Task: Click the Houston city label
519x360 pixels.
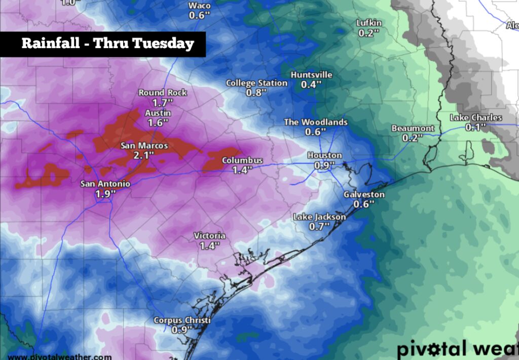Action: tap(324, 156)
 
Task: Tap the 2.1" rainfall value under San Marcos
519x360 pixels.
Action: tap(144, 155)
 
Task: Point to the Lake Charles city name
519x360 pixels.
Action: tap(476, 118)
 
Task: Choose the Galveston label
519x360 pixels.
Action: tap(364, 195)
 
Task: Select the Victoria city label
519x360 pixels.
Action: tap(209, 236)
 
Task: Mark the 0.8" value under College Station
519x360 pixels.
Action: tap(256, 93)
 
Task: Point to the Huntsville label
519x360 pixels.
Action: tap(311, 75)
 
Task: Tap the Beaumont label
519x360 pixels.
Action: tap(413, 128)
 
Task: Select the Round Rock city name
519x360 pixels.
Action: tap(163, 92)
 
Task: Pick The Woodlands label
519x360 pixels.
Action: tap(315, 122)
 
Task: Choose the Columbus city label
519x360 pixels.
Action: tap(242, 161)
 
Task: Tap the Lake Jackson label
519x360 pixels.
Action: tap(319, 217)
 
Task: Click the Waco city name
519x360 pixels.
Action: tap(199, 6)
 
